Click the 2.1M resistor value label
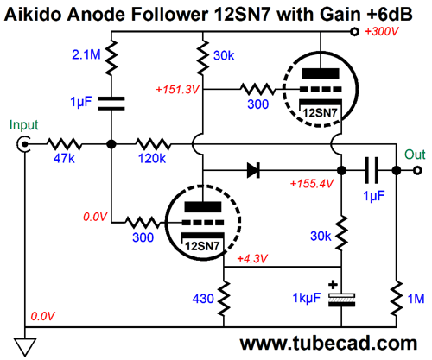[86, 54]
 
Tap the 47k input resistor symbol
[64, 144]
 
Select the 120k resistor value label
[152, 158]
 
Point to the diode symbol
[253, 170]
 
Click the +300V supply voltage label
[382, 31]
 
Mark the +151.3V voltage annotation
[177, 90]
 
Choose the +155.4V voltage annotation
[312, 183]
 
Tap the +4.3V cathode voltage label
[252, 258]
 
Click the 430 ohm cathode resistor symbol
[224, 299]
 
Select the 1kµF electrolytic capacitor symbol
[342, 300]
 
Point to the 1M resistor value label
[416, 299]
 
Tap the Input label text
[23, 125]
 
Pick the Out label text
[415, 155]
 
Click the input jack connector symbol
[23, 144]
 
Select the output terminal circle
[417, 170]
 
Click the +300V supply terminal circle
[354, 31]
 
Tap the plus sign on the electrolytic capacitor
[333, 285]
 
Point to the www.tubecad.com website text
[328, 343]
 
